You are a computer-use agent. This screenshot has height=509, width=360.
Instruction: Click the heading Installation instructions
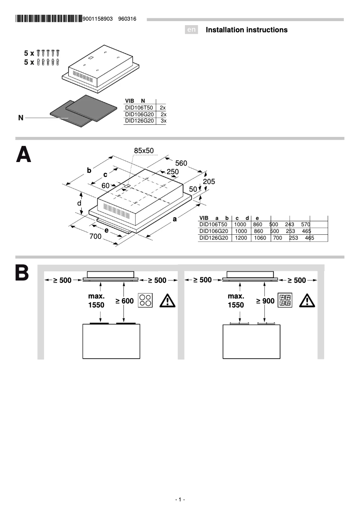tap(246, 30)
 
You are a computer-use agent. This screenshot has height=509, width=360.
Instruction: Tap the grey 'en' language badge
tap(192, 30)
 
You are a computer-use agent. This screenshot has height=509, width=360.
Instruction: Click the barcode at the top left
tap(48, 19)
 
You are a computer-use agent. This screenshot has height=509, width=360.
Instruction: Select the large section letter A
tap(24, 154)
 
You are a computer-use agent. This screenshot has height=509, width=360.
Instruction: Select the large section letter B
tap(22, 273)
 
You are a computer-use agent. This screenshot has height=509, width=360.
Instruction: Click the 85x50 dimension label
tap(144, 150)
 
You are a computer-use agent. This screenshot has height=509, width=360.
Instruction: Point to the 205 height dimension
tap(209, 182)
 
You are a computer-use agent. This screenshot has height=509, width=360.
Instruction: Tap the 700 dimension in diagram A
tap(96, 237)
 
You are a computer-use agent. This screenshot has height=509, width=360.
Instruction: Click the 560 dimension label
tap(181, 163)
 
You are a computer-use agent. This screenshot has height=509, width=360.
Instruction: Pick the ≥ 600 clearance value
tap(124, 301)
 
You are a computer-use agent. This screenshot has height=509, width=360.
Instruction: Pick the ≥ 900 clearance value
tap(265, 301)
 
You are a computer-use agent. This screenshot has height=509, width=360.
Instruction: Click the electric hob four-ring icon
tap(145, 300)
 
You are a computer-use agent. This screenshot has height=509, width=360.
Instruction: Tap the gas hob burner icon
tap(285, 300)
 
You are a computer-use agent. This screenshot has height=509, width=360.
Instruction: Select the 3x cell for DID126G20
tap(163, 120)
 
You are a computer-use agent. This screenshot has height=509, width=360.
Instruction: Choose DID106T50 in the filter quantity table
tap(139, 108)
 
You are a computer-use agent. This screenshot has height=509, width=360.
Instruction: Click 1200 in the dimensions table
tap(241, 238)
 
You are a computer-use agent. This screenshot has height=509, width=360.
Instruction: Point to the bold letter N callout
tap(21, 118)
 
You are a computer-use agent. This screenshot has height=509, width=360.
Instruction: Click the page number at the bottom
tap(180, 500)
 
